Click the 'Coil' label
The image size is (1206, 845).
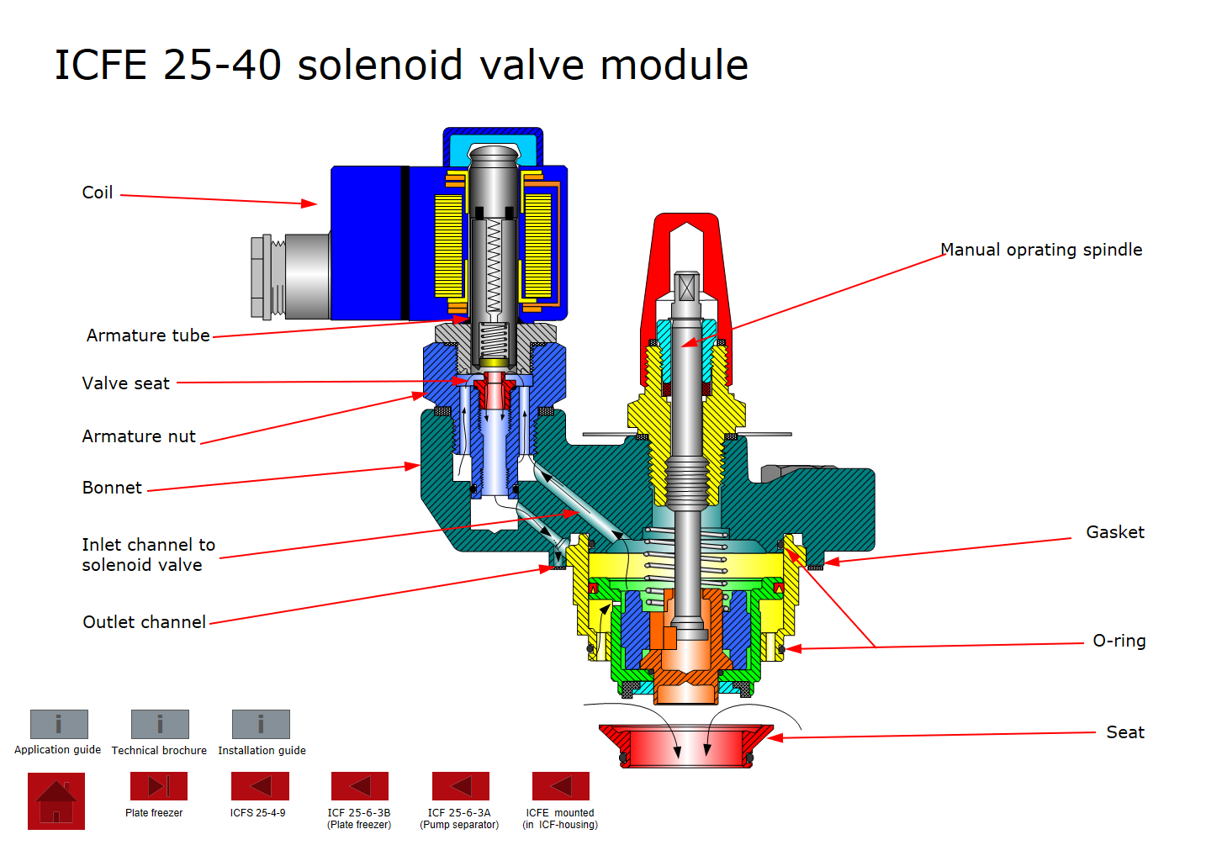(x=98, y=193)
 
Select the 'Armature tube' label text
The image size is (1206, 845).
(x=148, y=335)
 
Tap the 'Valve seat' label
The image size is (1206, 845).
(x=125, y=383)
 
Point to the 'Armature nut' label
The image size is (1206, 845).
(x=139, y=436)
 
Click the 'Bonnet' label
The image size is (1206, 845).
(x=112, y=488)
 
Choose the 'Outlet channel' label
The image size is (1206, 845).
(x=144, y=622)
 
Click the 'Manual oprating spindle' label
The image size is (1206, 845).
(x=1041, y=251)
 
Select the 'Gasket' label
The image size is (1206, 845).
(x=1115, y=532)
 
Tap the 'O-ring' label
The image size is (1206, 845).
(x=1119, y=641)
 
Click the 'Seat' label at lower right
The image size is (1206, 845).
(x=1125, y=732)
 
